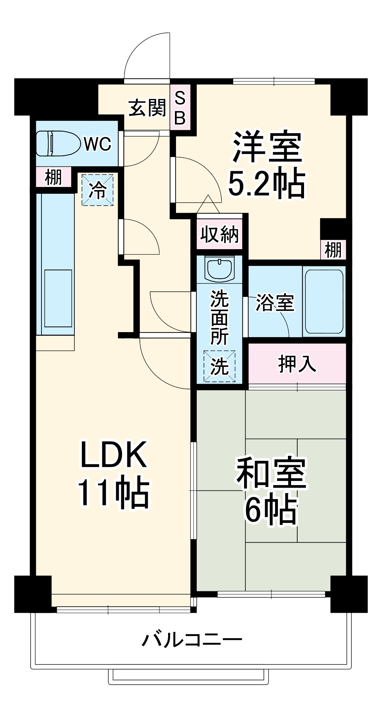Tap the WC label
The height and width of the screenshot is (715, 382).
point(97,144)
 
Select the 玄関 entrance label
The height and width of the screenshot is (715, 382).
point(147,108)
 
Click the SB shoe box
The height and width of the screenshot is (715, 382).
point(180,108)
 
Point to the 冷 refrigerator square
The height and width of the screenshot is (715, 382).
point(97,190)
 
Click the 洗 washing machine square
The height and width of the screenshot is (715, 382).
point(219,366)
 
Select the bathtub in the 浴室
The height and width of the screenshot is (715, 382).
point(324,301)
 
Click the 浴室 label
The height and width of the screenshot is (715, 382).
point(274,302)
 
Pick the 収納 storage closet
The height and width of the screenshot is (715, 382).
point(219,234)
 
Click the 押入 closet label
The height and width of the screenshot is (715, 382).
point(297,364)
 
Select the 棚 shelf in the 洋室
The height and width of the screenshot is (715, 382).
point(333,250)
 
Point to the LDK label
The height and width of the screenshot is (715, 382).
point(113,455)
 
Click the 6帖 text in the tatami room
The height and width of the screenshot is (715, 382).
point(271,509)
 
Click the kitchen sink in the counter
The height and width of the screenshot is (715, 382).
point(58,298)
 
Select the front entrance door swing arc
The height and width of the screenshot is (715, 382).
point(143,54)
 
